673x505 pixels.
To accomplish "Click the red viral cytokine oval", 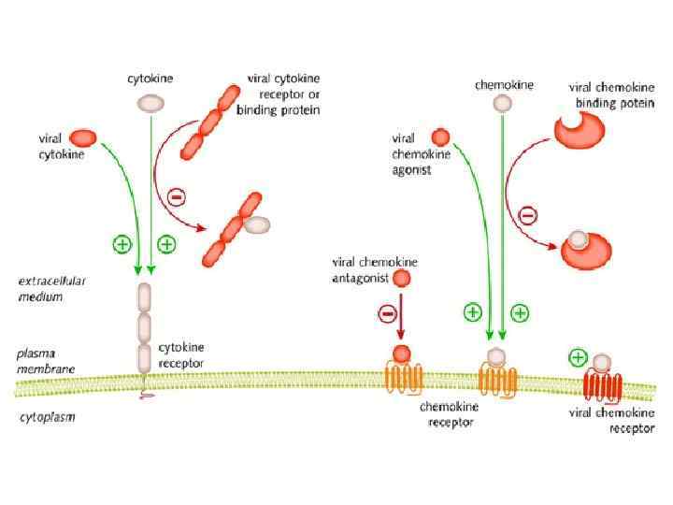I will (x=82, y=137).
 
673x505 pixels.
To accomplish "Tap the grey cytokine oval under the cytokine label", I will (x=149, y=102).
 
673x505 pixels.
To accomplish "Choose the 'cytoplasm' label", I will (x=48, y=417).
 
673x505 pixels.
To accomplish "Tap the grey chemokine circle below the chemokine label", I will (x=503, y=103).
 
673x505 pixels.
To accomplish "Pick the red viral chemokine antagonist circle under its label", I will (x=402, y=278).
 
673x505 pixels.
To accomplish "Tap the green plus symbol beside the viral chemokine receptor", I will (x=579, y=356).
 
